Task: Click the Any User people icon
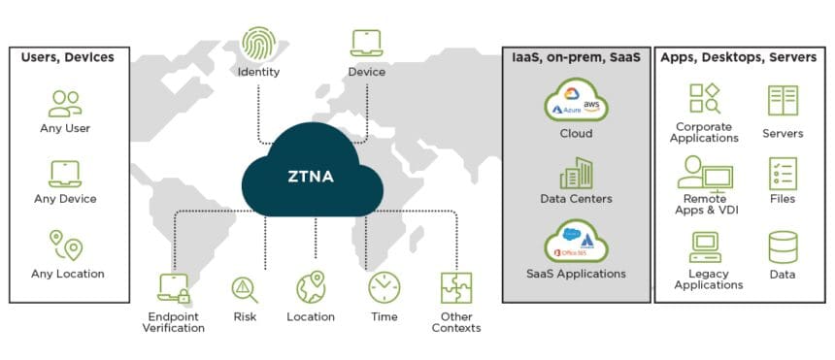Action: pos(66,103)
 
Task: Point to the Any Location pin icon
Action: pos(66,245)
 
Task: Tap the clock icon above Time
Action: pos(384,288)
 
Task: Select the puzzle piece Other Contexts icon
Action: pos(456,288)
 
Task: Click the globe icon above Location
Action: pos(311,288)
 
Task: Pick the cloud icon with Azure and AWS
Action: pos(576,101)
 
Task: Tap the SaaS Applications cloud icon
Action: pos(576,242)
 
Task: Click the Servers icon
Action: pos(782,101)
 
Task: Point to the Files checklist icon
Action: pos(782,174)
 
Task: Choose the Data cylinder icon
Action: pos(782,247)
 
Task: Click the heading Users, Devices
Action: pos(67,57)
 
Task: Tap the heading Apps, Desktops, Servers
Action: pos(739,57)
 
